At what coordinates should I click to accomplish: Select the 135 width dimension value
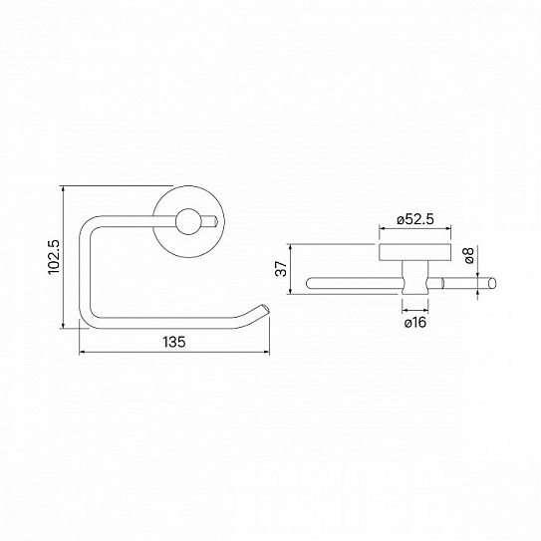coord(173,342)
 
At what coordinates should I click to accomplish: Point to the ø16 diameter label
coord(414,323)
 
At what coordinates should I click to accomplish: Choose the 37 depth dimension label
coord(281,269)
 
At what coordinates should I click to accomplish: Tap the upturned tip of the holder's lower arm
coord(265,311)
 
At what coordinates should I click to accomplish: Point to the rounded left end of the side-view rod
coord(310,284)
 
